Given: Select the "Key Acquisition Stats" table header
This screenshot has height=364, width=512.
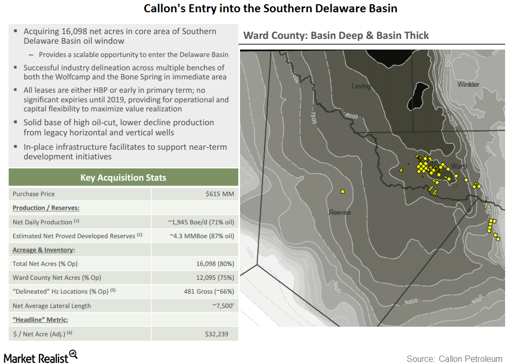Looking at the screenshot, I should click(x=123, y=177).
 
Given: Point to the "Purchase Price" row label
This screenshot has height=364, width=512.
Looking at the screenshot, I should click(x=34, y=194).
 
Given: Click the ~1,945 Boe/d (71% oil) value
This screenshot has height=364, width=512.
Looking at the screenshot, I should click(x=201, y=222).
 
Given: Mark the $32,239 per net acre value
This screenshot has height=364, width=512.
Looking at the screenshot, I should click(x=219, y=334).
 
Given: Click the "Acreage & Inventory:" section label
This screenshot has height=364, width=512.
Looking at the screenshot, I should click(x=44, y=249).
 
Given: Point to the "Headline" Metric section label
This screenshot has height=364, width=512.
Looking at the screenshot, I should click(x=40, y=320).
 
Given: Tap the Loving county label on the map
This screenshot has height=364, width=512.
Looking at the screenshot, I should click(x=361, y=86).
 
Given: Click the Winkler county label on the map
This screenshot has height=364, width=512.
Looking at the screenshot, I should click(x=468, y=84).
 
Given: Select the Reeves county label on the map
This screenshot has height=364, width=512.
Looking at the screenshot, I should click(x=340, y=212).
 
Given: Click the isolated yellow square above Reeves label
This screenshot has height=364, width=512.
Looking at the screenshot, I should click(x=342, y=191).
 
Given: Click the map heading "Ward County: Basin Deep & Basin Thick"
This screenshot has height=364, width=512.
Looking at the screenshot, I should click(x=336, y=36).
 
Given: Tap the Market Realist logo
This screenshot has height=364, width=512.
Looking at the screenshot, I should click(x=40, y=357).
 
